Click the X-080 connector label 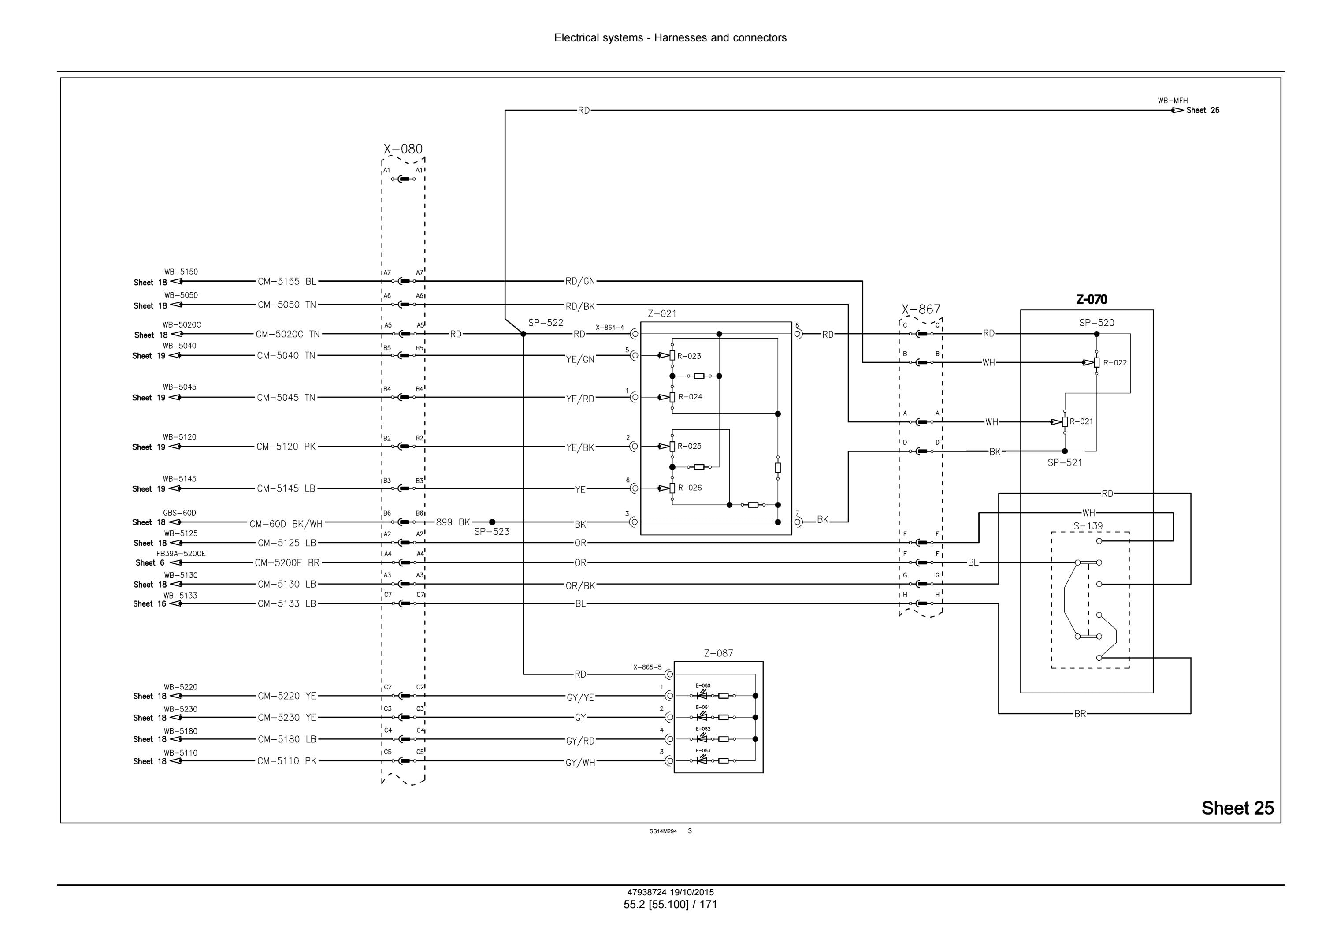point(403,149)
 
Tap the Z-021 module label point(662,314)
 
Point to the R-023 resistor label point(689,356)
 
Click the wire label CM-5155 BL point(287,282)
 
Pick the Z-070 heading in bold point(1092,300)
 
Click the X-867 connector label point(921,309)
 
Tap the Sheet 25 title point(1238,808)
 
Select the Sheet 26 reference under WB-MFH point(1203,110)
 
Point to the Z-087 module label point(719,653)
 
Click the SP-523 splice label point(492,531)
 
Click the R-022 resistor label point(1115,362)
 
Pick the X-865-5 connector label point(648,667)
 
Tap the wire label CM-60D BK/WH point(286,524)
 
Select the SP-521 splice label point(1065,462)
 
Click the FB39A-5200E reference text point(181,554)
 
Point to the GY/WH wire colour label point(580,763)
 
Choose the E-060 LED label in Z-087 point(703,685)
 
